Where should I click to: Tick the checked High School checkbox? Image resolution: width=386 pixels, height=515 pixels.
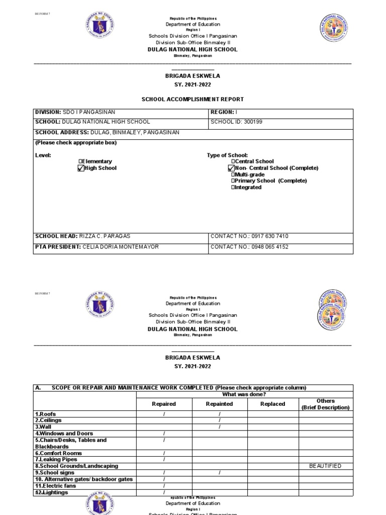tap(80, 168)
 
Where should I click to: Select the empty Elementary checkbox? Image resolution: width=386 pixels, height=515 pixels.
tap(80, 161)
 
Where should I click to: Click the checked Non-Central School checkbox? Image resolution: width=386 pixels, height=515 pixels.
tap(231, 168)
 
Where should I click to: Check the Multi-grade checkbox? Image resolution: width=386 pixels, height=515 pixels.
tap(233, 175)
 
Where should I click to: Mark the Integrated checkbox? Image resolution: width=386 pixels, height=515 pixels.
tap(233, 188)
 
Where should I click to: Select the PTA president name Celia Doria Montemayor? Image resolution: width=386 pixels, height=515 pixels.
tap(120, 247)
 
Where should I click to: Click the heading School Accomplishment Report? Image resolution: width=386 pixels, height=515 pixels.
tap(193, 100)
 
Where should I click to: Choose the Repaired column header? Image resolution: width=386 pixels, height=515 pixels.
tap(164, 404)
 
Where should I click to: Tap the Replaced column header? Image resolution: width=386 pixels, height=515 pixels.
tap(273, 404)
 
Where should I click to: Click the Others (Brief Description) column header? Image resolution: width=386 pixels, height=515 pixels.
tap(326, 404)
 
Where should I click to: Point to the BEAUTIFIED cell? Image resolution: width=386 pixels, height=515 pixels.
tap(326, 466)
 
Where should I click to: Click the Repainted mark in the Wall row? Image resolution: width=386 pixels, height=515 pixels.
tap(220, 427)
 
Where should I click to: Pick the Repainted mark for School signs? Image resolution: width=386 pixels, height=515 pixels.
tap(220, 473)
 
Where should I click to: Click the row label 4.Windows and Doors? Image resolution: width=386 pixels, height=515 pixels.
tap(64, 434)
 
